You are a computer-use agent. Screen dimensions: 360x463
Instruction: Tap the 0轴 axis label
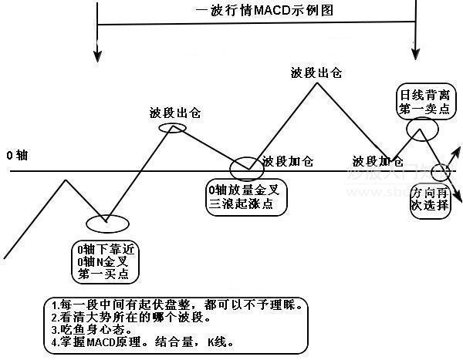click(x=17, y=155)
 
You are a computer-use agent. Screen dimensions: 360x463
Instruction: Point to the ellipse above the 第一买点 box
click(x=105, y=224)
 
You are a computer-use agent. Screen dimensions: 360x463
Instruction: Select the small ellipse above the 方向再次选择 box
click(x=441, y=171)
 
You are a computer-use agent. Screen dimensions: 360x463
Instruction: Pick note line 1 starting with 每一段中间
click(x=174, y=304)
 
